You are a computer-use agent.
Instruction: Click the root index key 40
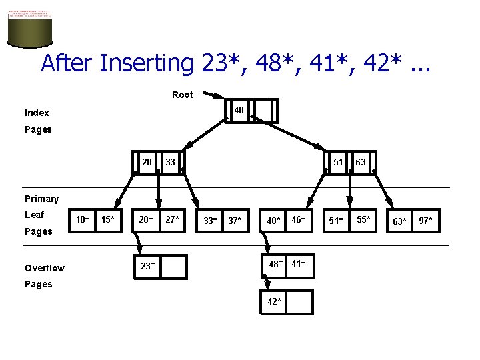click(238, 110)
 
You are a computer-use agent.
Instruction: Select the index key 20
click(147, 162)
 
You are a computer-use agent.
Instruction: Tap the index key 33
click(171, 162)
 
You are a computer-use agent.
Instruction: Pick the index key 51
click(338, 162)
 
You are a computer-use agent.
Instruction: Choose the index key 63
click(361, 162)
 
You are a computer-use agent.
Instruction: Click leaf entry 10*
click(83, 219)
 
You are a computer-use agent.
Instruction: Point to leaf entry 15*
click(107, 219)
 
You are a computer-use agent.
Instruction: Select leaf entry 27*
click(173, 219)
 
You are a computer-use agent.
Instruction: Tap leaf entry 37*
click(235, 221)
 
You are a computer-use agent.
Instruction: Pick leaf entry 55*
click(363, 219)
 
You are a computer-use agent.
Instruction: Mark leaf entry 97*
click(425, 221)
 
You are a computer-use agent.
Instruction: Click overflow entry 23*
click(148, 266)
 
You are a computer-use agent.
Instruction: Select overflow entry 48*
click(276, 263)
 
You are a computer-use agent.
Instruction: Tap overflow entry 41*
click(299, 263)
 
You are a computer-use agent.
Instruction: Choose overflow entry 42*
click(275, 301)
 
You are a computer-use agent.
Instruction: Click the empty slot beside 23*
click(174, 266)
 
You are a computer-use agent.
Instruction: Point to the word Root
click(183, 95)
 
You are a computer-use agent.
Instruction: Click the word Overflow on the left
click(45, 268)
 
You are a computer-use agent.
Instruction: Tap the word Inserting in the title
click(146, 63)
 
